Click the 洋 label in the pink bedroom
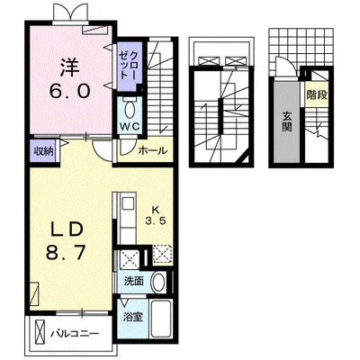69,67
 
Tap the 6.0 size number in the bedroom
69,91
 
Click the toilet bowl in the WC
130,110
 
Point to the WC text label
130,127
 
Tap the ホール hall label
152,150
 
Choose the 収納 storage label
43,151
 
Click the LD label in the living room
67,229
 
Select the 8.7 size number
67,253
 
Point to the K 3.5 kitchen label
156,215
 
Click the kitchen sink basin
128,204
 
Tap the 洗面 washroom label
134,281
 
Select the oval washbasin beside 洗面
158,283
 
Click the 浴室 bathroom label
132,317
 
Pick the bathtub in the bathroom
161,319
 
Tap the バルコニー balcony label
75,334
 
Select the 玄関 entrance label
287,121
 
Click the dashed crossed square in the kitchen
162,255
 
